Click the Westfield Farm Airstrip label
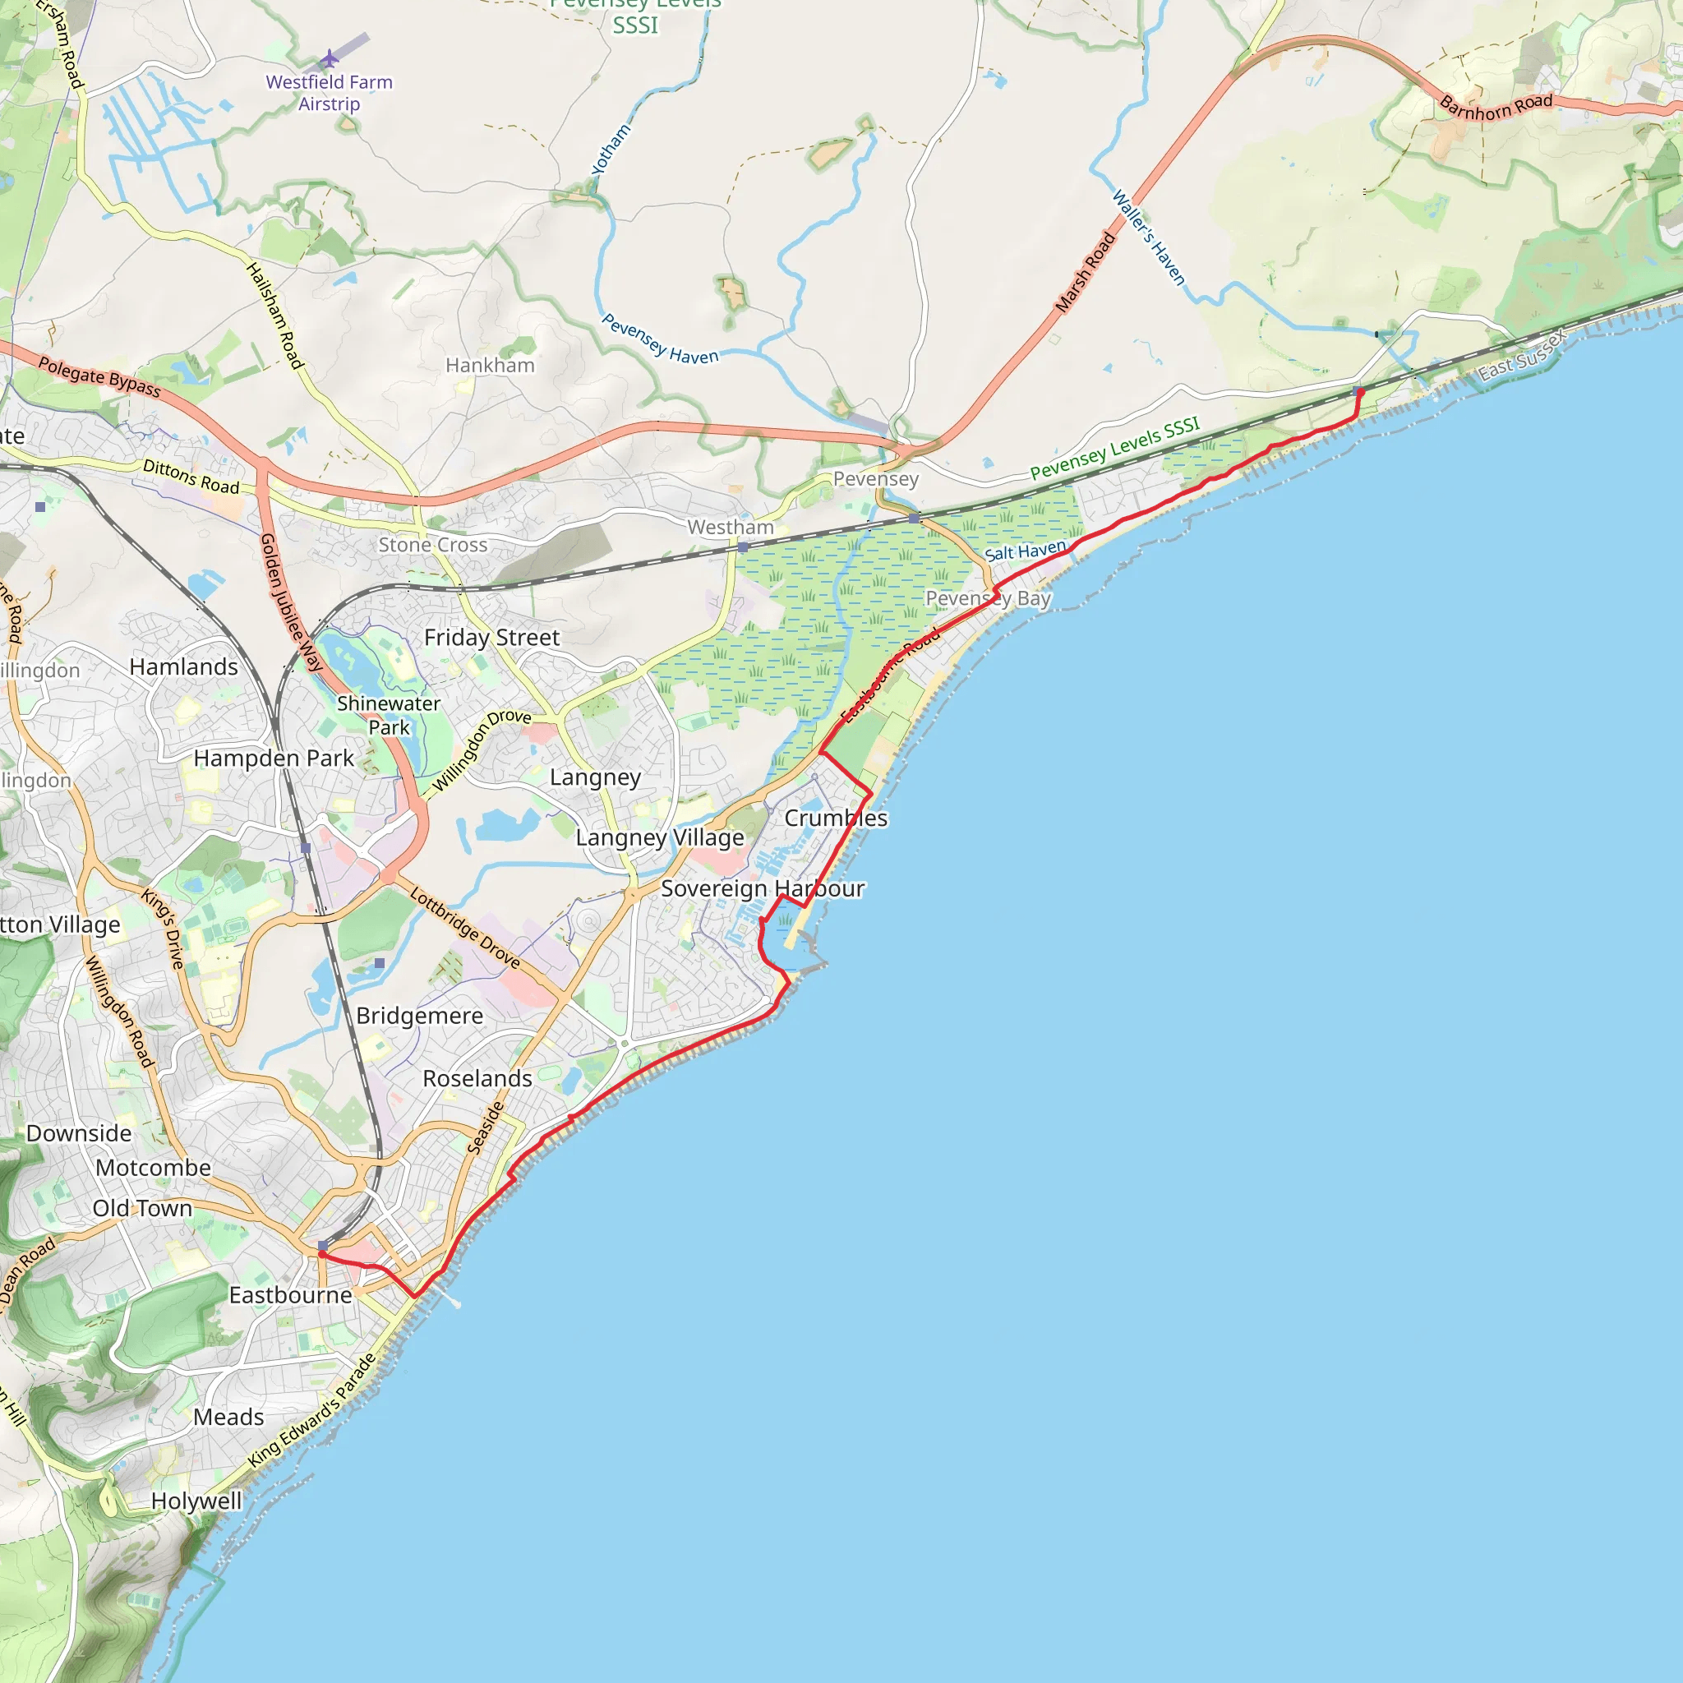[x=329, y=92]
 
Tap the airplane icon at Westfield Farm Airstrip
[x=330, y=59]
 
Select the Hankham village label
[x=490, y=365]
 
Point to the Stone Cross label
[x=432, y=545]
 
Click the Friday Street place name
[x=491, y=638]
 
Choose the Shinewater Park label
[x=389, y=714]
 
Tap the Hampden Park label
[x=274, y=758]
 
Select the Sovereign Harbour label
[x=763, y=888]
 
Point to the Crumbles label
[x=836, y=818]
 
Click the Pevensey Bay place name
[x=988, y=598]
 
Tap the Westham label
[x=730, y=527]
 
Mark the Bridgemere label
[x=419, y=1016]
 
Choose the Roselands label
[x=477, y=1078]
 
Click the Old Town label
[x=142, y=1208]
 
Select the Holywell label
[x=196, y=1500]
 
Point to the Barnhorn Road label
[x=1496, y=107]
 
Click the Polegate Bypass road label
[x=99, y=377]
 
